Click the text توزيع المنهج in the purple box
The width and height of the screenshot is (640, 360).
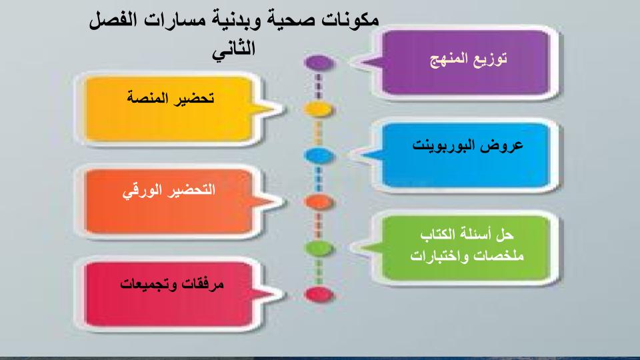click(467, 59)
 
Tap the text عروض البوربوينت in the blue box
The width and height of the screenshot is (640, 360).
click(466, 145)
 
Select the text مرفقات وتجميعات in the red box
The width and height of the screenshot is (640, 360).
click(172, 283)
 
